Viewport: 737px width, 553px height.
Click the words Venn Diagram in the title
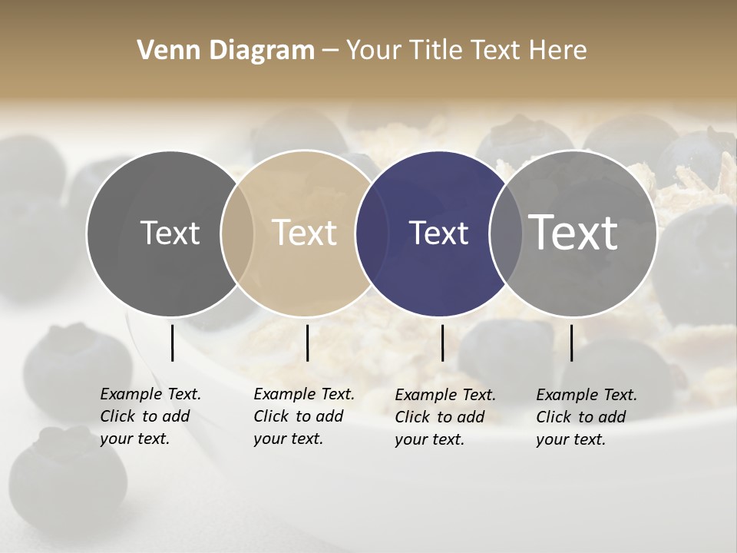click(x=226, y=51)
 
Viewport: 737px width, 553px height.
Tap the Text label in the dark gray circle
click(x=170, y=233)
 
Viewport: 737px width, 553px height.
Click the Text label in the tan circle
click(x=304, y=233)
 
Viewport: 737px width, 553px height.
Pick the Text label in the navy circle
click(x=438, y=233)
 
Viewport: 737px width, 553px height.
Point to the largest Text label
click(x=573, y=233)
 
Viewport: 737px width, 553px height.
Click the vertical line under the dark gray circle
click(x=172, y=343)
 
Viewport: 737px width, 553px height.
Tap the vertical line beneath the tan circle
click(x=307, y=343)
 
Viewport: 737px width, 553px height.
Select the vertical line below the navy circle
click(x=442, y=343)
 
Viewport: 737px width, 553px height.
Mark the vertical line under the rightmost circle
click(x=571, y=343)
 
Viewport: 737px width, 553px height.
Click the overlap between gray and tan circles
click(x=237, y=233)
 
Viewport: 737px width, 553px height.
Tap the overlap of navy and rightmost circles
click(x=506, y=233)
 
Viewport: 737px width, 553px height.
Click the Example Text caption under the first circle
click(x=150, y=416)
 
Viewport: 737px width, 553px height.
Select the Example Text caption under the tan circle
click(x=303, y=416)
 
